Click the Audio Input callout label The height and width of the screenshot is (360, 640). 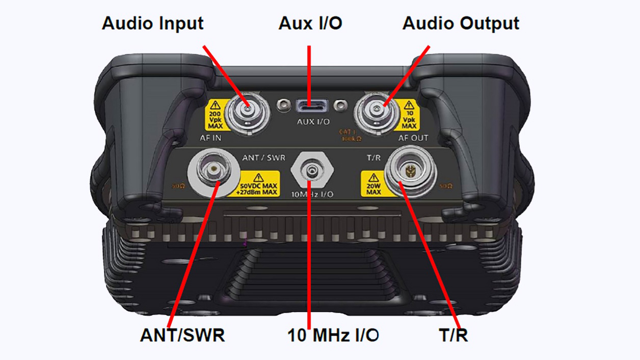coord(152,23)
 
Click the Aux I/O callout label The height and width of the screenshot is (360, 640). coord(310,23)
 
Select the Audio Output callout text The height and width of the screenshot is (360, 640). coord(461,23)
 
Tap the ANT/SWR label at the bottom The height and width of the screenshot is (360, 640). coord(182,335)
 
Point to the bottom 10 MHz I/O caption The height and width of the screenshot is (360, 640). coord(333,335)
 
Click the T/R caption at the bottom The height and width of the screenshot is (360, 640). coord(453,335)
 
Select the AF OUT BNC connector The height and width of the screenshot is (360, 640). coord(377,111)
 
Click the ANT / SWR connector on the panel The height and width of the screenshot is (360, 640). coord(214,173)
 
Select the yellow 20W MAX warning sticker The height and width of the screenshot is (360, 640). coord(374,184)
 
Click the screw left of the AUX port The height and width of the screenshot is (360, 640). coord(281,106)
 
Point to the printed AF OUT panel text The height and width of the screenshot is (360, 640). coord(413,138)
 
